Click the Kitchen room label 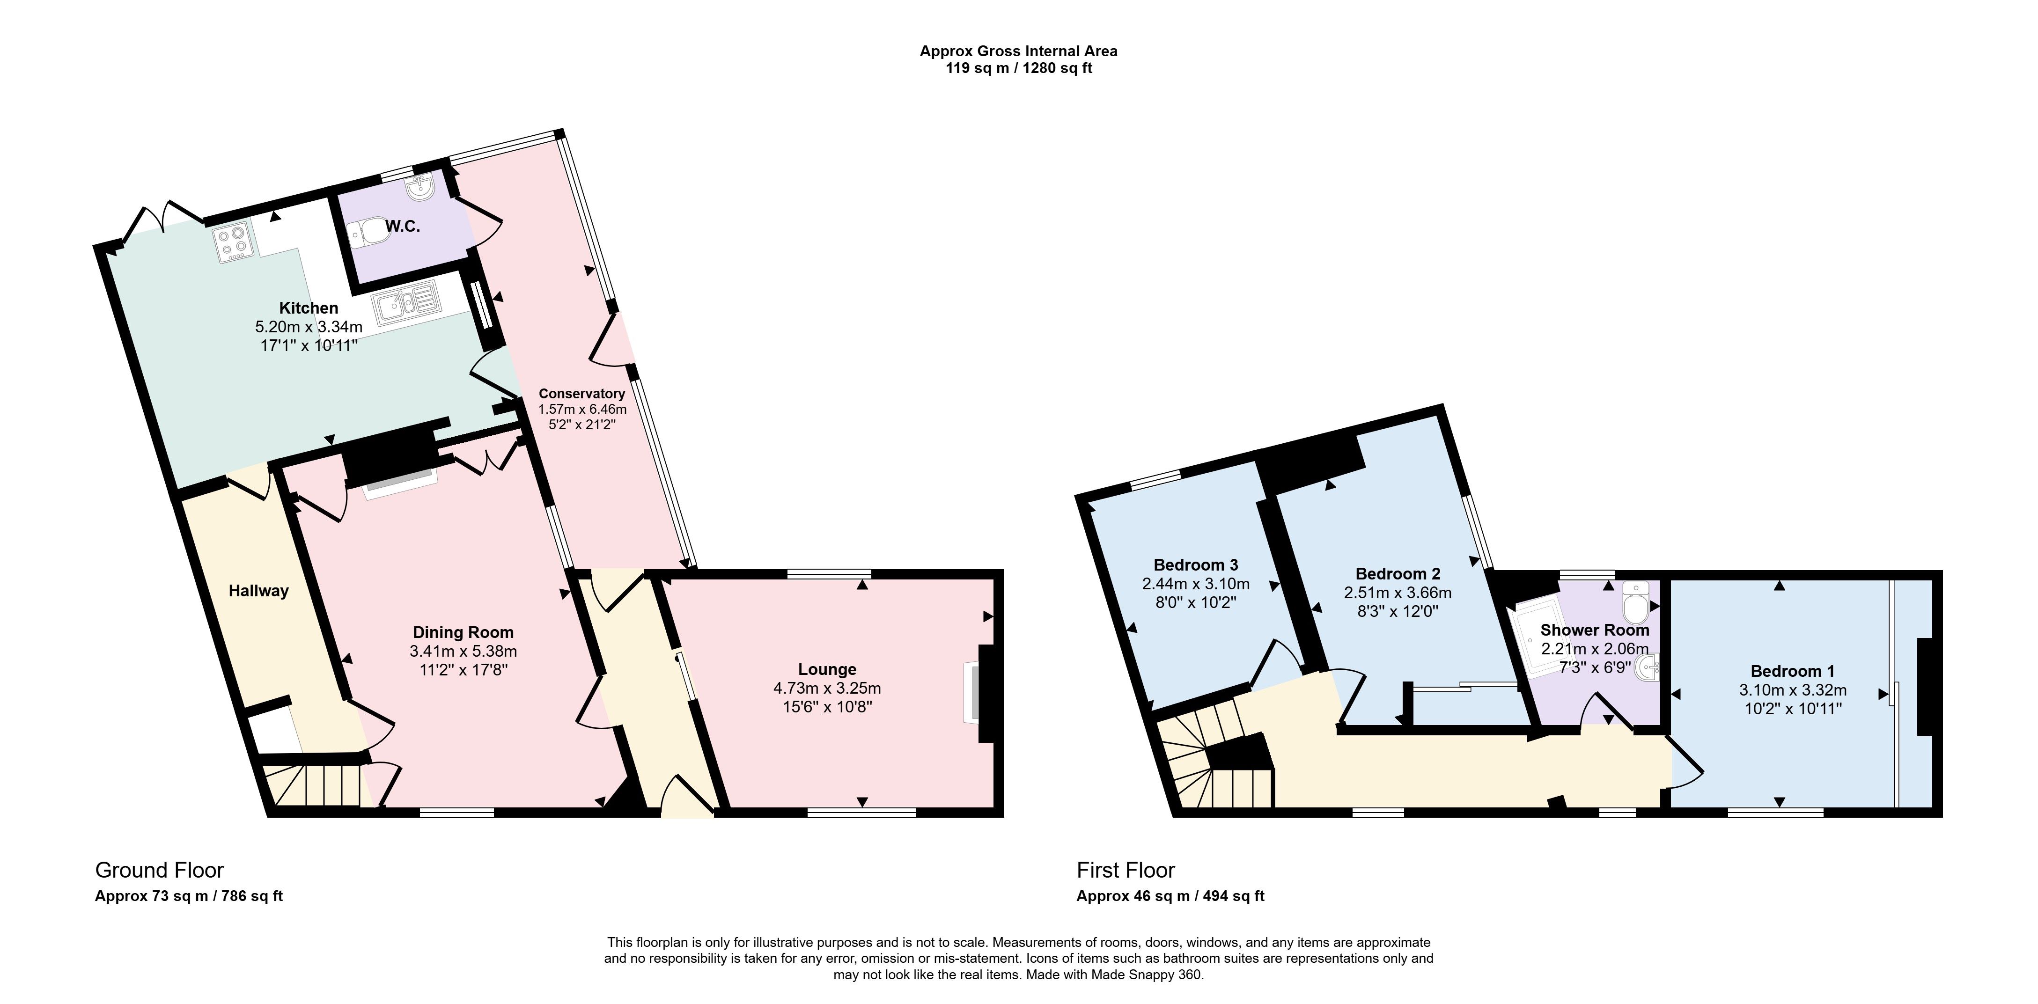click(x=309, y=308)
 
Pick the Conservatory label click(x=581, y=393)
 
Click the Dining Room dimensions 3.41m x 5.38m click(x=463, y=651)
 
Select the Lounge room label click(x=827, y=669)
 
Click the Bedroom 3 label click(x=1195, y=565)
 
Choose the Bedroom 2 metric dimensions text click(x=1397, y=593)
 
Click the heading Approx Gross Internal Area click(x=1018, y=51)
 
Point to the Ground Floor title click(x=159, y=870)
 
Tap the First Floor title click(x=1126, y=870)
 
